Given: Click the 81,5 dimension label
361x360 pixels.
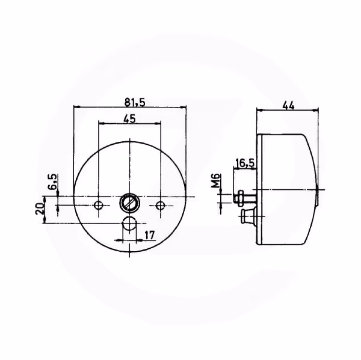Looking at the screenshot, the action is [x=135, y=102].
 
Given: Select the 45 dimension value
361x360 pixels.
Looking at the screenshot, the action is [x=129, y=119].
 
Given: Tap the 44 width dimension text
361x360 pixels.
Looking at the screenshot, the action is [x=288, y=106].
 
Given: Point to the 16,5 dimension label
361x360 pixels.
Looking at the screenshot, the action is [x=245, y=163].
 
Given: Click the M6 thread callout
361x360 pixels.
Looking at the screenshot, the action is [x=216, y=181].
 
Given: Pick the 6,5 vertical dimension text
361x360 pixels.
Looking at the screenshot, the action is [x=52, y=182].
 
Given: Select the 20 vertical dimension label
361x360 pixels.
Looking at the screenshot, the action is [x=40, y=209].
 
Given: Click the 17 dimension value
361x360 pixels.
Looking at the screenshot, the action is [x=150, y=236].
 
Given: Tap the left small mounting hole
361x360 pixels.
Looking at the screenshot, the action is [x=99, y=205].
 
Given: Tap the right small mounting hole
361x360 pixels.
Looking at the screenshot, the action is [x=161, y=205].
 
